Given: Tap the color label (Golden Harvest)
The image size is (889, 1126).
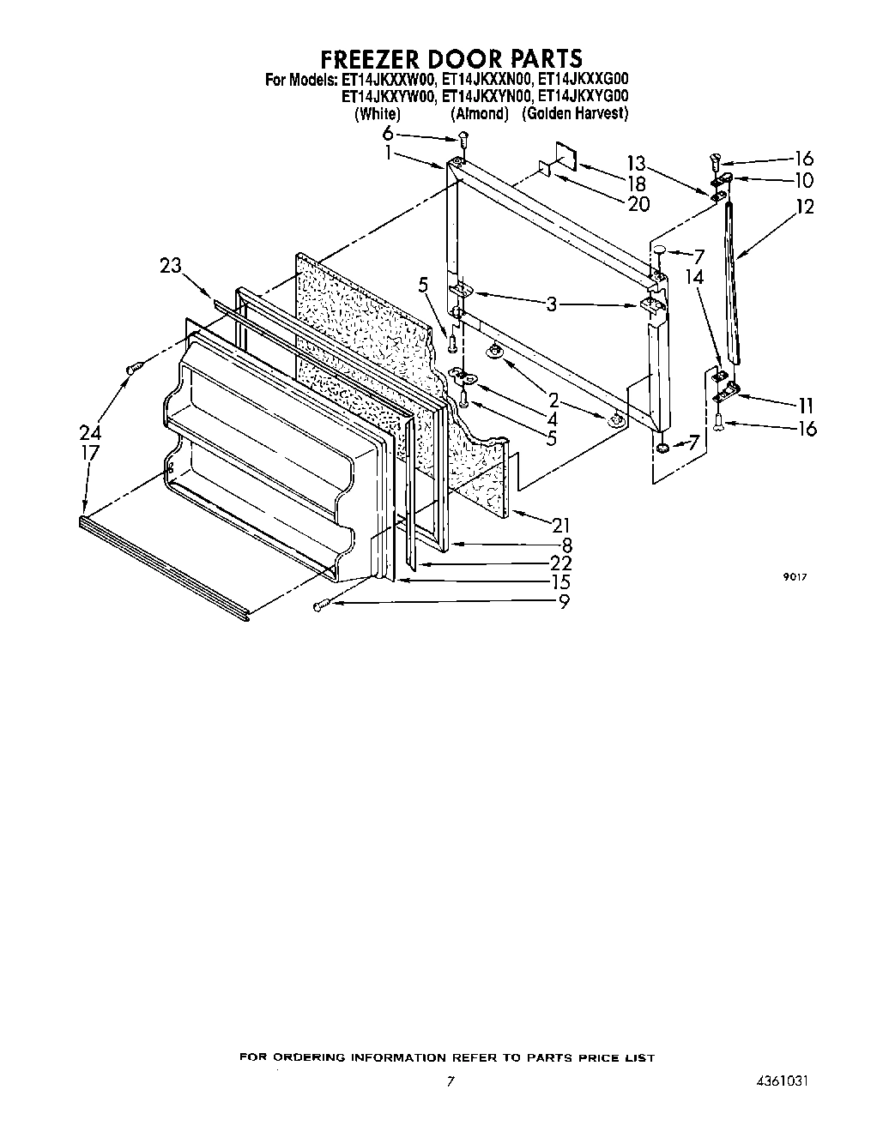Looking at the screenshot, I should point(575,113).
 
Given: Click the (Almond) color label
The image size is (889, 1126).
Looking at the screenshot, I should point(480,113).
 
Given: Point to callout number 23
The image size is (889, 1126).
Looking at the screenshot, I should point(171,265).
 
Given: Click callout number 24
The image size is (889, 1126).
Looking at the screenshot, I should point(90,433).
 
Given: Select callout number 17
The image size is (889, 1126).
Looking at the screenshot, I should point(90,453).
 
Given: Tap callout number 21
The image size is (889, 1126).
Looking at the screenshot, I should point(561,525).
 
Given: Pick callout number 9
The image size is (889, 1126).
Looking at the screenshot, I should point(564,602).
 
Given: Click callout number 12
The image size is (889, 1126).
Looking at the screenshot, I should point(805,207).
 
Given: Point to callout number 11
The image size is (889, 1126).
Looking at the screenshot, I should point(806,406).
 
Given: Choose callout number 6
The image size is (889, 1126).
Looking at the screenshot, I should point(388,133).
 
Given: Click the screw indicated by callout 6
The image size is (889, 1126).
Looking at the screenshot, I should point(462,136).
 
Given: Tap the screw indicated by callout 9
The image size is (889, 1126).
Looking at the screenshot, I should point(319,606).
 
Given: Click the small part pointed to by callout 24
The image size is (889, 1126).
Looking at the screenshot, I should point(134,368).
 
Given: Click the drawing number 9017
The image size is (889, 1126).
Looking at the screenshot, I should point(794,578).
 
